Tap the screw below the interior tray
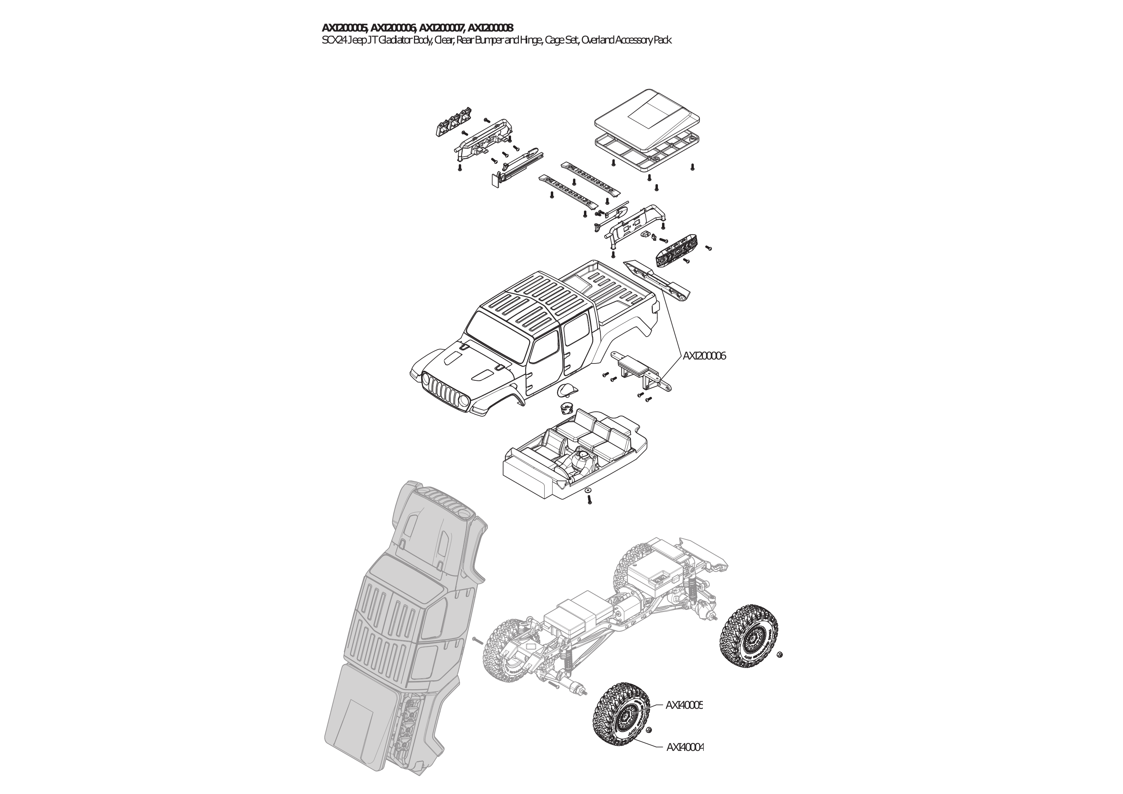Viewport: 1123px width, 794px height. (589, 500)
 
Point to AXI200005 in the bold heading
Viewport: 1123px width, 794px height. (345, 27)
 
